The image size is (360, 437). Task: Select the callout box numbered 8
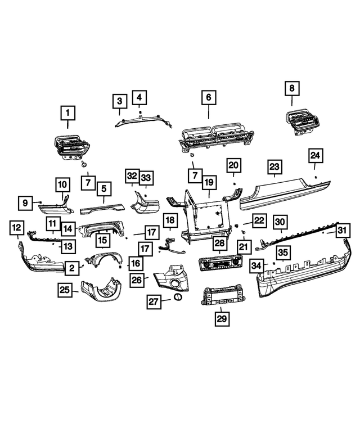(291, 88)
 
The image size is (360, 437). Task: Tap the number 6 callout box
(208, 97)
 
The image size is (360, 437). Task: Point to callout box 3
(119, 102)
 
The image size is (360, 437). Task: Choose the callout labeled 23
(274, 167)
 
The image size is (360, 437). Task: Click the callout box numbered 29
(220, 319)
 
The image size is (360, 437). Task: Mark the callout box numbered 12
(17, 228)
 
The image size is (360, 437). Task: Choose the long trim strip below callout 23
(284, 191)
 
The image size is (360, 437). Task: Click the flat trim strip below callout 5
(103, 208)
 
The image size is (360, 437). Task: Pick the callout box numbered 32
(132, 176)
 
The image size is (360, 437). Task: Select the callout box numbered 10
(62, 184)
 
